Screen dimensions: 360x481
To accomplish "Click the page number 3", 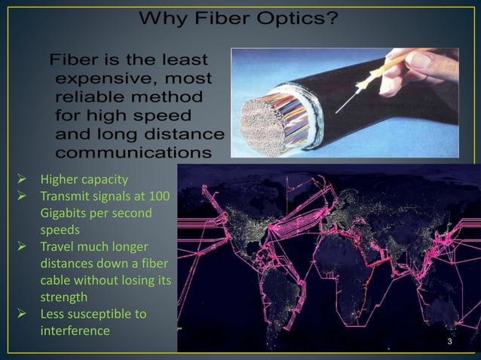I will pos(449,343).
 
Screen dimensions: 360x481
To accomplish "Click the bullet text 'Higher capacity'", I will pos(84,179).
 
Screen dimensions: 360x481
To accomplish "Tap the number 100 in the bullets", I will pos(159,197).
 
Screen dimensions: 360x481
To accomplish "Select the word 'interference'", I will pos(75,330).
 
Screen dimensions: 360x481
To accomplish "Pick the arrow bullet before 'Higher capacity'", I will pos(23,179).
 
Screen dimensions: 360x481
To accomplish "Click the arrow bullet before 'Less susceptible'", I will pos(23,313).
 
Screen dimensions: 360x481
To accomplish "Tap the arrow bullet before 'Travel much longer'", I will pos(23,246).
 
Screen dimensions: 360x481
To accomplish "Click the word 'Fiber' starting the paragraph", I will pos(75,59).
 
